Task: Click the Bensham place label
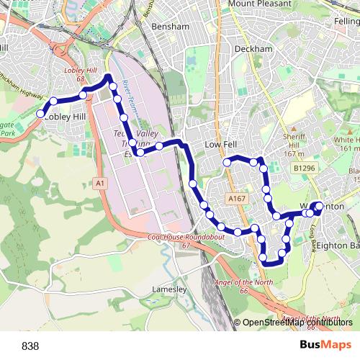coord(171,26)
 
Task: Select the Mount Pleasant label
coord(262,4)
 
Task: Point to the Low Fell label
coord(221,145)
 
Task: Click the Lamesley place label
coord(170,289)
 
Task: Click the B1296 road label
coord(305,168)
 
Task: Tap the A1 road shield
coord(99,184)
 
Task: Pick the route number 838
coord(31,346)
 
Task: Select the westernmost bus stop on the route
coord(41,113)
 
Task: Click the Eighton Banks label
coord(338,246)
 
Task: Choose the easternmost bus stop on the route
coord(319,206)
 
